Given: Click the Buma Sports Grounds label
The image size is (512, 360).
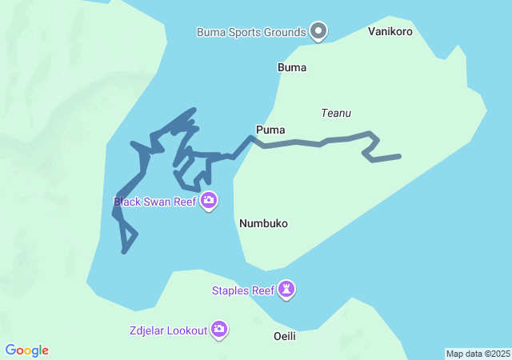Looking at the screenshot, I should click(251, 32).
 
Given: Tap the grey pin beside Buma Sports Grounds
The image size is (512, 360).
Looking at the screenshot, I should click(318, 31).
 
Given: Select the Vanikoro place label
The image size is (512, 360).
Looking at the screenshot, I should click(390, 32).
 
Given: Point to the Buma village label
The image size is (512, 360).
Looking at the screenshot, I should click(292, 67).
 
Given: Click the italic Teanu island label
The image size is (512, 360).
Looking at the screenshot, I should click(336, 114).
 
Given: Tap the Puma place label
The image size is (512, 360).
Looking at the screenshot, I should click(270, 130).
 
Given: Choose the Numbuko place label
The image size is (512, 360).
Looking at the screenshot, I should click(263, 224).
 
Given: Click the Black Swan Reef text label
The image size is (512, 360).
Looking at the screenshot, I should click(155, 202).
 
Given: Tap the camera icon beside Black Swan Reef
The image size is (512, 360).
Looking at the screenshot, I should click(209, 201).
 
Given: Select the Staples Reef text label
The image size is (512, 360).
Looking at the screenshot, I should click(242, 290).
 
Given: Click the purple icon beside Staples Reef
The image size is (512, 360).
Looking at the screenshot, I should click(287, 290).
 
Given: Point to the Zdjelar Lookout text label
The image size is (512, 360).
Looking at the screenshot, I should click(168, 330).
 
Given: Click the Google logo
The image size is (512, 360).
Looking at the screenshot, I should click(27, 350).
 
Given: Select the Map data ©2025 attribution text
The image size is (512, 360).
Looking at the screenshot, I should click(478, 354).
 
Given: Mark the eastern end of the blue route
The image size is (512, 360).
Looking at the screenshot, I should click(398, 157).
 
